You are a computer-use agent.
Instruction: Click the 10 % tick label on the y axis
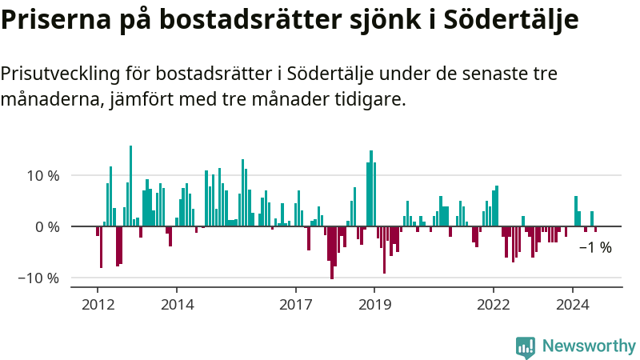click(x=42, y=175)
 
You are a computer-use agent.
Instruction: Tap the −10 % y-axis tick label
click(x=38, y=278)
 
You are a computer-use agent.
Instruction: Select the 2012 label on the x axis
click(x=98, y=304)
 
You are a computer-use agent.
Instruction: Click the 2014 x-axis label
click(x=177, y=304)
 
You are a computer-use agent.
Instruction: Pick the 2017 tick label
click(x=295, y=304)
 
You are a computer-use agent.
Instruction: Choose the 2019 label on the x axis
click(x=374, y=304)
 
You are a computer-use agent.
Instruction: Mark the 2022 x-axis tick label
click(x=493, y=304)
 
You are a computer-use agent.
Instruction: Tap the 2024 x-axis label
click(x=572, y=304)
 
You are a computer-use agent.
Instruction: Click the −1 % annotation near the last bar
click(x=595, y=248)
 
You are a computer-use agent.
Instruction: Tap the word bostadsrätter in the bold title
click(x=240, y=20)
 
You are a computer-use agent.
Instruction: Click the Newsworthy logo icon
click(x=525, y=346)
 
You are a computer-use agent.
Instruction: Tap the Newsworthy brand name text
click(x=589, y=346)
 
